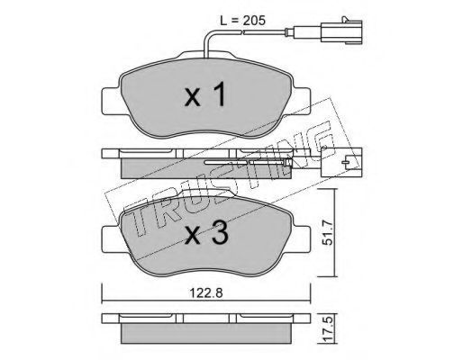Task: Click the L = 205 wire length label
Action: (x=243, y=21)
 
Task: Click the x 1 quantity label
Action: (x=205, y=95)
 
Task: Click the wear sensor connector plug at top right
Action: (x=341, y=31)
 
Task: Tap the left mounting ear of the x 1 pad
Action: (x=112, y=102)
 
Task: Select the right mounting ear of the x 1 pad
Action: (x=302, y=102)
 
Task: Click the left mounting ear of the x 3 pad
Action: (x=112, y=239)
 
